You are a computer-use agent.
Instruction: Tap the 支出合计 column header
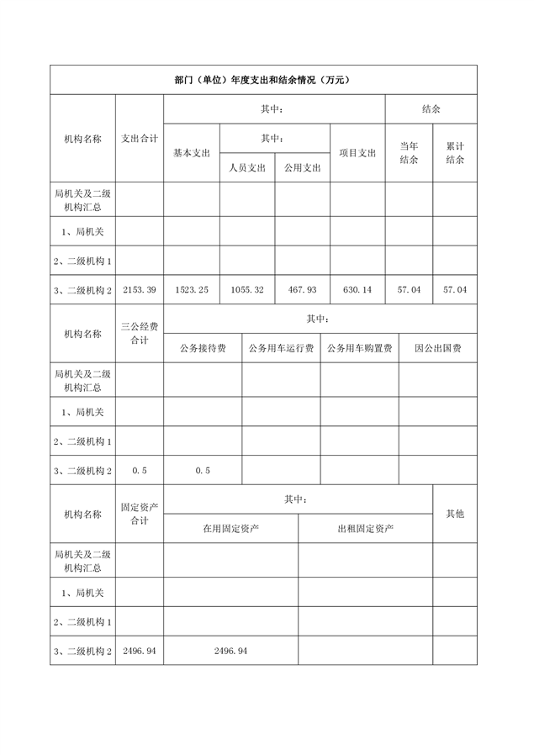point(140,138)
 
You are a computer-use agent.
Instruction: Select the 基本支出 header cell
point(192,153)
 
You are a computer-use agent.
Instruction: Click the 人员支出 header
point(247,167)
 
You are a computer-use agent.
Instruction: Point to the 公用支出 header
point(302,167)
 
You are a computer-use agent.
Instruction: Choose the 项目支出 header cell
point(357,153)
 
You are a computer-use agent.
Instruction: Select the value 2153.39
point(140,289)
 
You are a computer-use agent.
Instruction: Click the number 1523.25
point(192,289)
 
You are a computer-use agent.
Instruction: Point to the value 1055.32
point(247,289)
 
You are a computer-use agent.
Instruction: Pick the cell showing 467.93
point(302,289)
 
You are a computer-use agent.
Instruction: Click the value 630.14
point(357,289)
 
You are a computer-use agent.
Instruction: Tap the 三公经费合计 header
point(140,333)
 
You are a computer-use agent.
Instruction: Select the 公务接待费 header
point(203,348)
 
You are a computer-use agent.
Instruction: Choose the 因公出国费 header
point(437,348)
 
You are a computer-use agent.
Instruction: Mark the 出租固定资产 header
point(366,529)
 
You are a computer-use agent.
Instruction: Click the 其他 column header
point(455,514)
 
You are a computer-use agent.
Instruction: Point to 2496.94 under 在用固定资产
point(230,651)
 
